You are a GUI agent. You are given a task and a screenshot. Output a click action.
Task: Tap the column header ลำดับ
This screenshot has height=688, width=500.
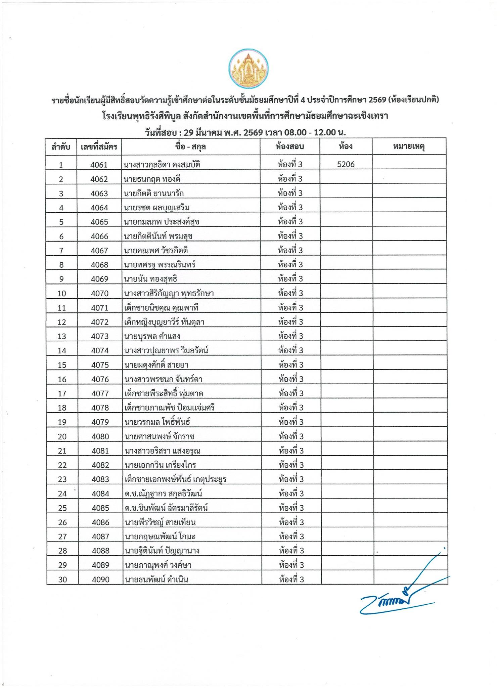pos(61,147)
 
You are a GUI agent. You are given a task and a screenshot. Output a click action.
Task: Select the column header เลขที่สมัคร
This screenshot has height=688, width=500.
pos(99,147)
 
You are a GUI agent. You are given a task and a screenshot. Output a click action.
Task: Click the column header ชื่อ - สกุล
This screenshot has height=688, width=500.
pos(190,147)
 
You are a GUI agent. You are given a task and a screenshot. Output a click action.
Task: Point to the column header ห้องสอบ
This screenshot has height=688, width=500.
pos(289,147)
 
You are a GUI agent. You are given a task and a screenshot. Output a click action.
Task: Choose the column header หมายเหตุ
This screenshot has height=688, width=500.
pos(409,147)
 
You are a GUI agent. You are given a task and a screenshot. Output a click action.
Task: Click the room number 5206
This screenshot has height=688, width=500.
pos(346,164)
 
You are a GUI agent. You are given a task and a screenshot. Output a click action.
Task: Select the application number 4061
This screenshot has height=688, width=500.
pos(99,165)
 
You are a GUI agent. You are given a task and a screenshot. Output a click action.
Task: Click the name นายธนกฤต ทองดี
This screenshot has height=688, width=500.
pos(152,179)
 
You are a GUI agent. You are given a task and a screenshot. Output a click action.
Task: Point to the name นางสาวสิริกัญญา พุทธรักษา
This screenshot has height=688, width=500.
pos(169,293)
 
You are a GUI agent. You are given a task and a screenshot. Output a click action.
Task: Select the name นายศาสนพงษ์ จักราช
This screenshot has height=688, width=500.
pos(160,436)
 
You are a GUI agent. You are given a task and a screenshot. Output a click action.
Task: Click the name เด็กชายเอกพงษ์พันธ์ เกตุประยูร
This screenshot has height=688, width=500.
pos(175,479)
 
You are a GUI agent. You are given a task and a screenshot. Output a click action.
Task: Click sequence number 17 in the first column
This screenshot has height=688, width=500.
pos(62,393)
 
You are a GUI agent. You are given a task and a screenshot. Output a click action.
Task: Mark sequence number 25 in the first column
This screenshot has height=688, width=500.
pos(62,508)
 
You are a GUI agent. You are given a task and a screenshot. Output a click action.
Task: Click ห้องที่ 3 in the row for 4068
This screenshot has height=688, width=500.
pos(290,264)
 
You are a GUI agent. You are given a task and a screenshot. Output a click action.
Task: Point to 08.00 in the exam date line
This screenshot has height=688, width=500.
pos(296,132)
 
